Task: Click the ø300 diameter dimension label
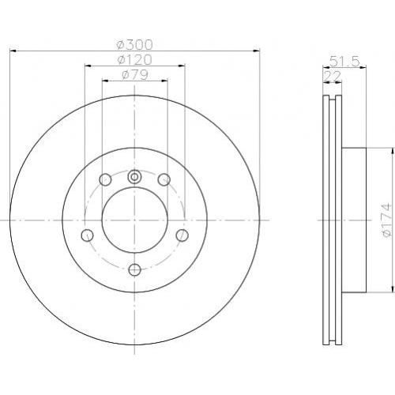coord(134,44)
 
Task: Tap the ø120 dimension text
coord(134,59)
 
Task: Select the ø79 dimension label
coord(134,75)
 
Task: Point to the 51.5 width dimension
coord(344,62)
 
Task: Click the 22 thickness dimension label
coord(333,77)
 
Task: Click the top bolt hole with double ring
coord(134,177)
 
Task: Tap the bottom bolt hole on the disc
coord(135,269)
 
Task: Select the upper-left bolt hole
coord(105,180)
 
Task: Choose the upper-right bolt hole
coord(164,179)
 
